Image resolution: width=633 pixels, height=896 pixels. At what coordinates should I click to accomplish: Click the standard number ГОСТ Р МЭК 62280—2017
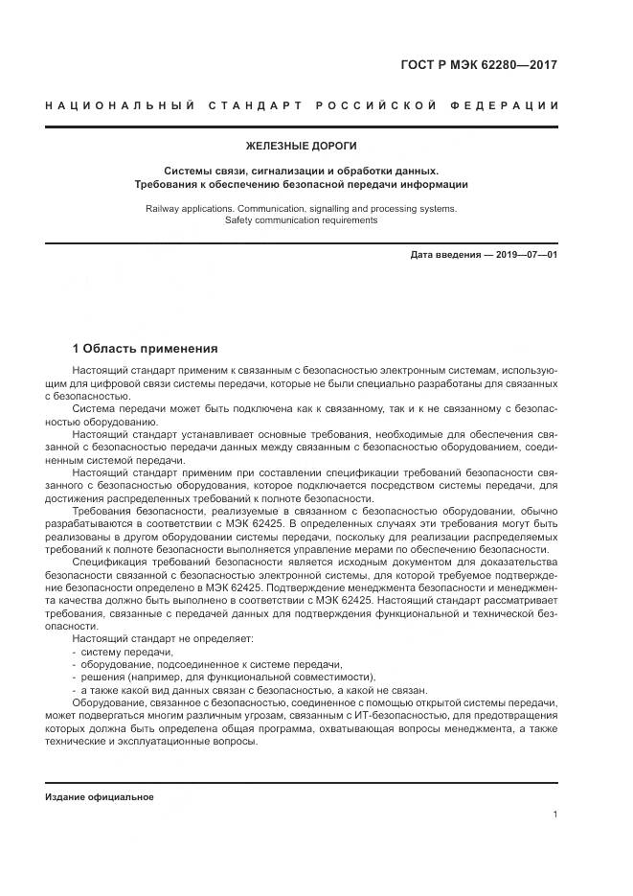pos(478,65)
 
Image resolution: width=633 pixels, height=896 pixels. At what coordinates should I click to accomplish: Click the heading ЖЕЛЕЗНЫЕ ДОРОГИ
pos(301,146)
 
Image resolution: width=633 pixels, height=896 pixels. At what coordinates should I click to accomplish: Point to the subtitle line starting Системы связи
pos(301,169)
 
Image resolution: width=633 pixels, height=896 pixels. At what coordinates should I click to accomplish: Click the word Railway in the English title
pos(163,207)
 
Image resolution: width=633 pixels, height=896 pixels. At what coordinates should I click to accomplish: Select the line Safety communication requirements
pos(301,219)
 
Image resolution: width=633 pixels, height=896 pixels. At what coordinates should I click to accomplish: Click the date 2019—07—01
pos(526,255)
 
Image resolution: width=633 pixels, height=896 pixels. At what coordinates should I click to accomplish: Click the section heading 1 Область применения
pos(145,349)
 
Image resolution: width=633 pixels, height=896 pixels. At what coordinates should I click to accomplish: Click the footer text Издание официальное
pos(100,796)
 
